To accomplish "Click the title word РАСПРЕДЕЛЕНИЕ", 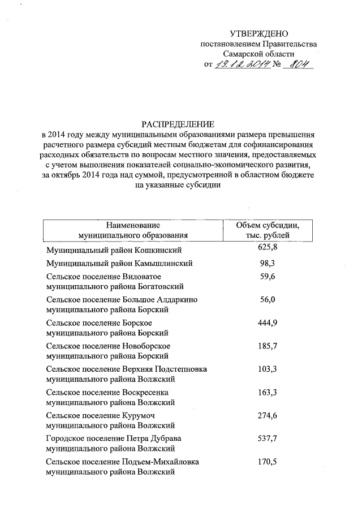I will pyautogui.click(x=179, y=124).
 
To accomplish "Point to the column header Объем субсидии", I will pyautogui.click(x=268, y=225).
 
